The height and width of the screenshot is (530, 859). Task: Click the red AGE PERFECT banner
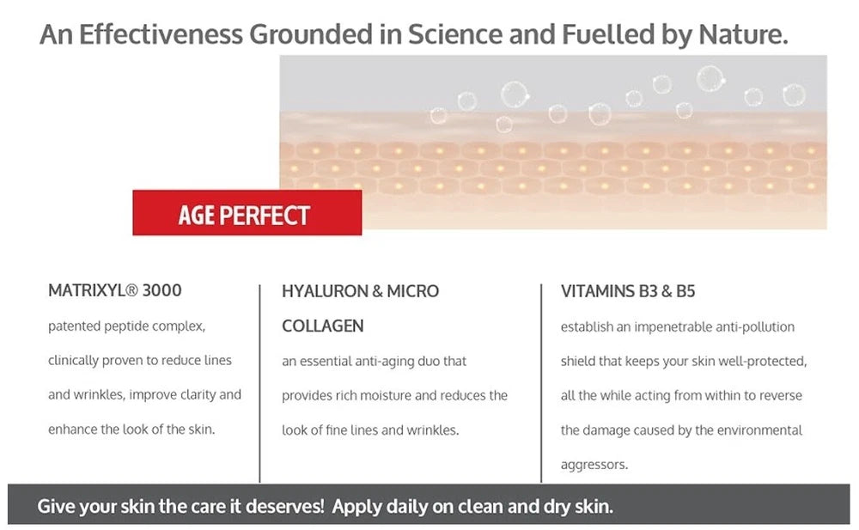247,213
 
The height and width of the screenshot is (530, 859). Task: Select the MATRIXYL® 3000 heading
114,290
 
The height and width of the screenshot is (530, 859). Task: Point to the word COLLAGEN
322,326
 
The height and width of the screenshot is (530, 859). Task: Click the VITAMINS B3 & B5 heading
627,291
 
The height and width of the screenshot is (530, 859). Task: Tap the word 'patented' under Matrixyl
74,326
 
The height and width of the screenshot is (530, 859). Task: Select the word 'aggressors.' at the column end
594,465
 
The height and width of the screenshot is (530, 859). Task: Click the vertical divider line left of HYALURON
260,382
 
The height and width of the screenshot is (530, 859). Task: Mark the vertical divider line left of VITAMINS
541,382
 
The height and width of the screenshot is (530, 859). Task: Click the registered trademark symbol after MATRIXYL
131,290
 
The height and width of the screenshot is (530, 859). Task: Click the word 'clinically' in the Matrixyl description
73,361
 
